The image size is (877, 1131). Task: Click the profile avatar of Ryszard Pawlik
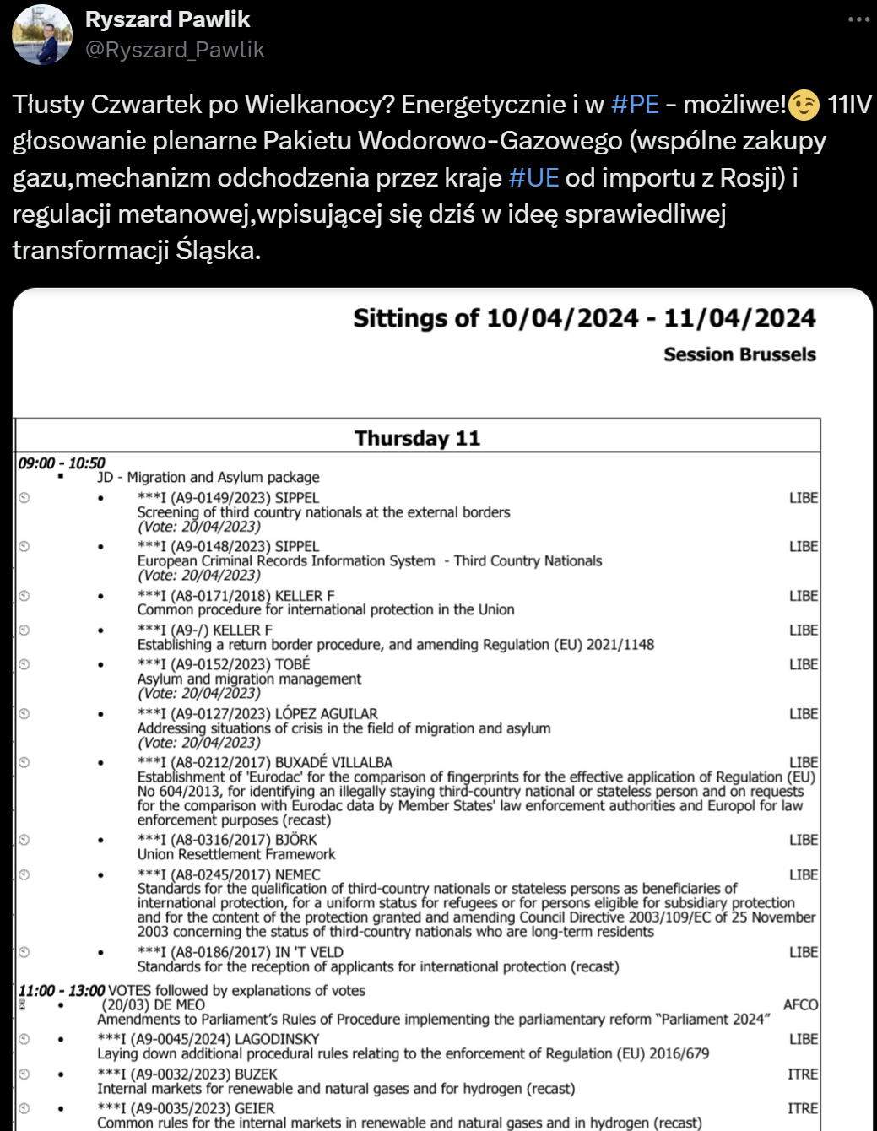point(42,35)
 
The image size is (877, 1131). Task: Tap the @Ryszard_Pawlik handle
point(175,51)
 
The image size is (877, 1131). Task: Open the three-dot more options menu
point(858,19)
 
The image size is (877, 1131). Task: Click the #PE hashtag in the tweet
point(635,104)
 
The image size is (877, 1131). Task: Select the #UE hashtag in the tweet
point(533,177)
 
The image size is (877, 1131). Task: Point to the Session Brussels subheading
point(739,354)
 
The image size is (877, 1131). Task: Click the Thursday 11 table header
point(417,438)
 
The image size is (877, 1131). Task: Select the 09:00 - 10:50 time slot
point(62,463)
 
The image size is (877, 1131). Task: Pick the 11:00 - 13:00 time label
point(62,990)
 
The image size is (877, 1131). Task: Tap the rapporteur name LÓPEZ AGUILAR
point(327,714)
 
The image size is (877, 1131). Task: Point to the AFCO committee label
point(800,1004)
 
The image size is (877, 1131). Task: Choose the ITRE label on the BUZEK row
point(803,1074)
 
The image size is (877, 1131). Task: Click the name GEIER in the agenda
point(255,1108)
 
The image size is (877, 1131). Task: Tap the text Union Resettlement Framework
point(236,854)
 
